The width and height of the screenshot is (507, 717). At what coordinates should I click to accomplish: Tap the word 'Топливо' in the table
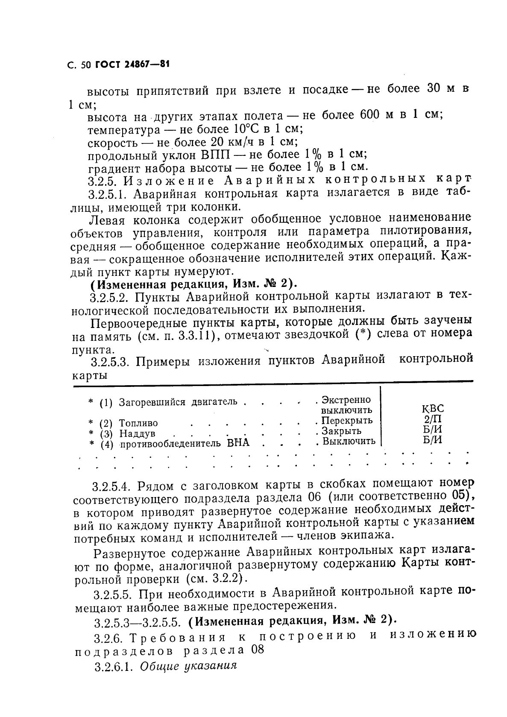(138, 423)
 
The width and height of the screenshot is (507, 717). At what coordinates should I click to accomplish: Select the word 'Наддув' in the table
(137, 433)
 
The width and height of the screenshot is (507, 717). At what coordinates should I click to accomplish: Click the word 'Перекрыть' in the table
(347, 421)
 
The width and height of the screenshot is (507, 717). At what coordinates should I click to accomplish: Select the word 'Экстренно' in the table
(346, 400)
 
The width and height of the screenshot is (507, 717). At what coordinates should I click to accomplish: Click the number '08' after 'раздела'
(256, 650)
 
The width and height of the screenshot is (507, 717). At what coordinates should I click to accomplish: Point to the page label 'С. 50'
(79, 65)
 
